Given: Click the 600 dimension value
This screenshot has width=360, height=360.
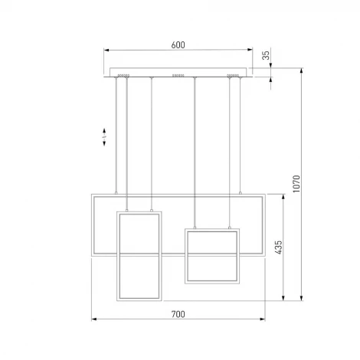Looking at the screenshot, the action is point(178,45).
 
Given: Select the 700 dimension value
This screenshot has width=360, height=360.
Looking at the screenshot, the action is point(178,314).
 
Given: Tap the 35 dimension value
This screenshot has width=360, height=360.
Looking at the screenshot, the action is point(266,55).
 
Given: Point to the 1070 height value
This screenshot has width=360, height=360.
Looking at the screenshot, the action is point(296,184).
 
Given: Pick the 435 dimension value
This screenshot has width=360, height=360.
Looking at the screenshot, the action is point(278,247).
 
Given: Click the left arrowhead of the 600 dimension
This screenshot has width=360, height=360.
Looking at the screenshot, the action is point(106,50).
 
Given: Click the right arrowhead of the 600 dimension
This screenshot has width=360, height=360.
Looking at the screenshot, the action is point(250,50).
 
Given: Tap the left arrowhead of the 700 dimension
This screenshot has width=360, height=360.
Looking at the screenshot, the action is point(94,319).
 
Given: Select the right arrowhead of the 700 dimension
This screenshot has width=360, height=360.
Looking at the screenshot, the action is point(262,319).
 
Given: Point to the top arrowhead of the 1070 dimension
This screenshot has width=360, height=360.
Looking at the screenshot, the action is point(302,70).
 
